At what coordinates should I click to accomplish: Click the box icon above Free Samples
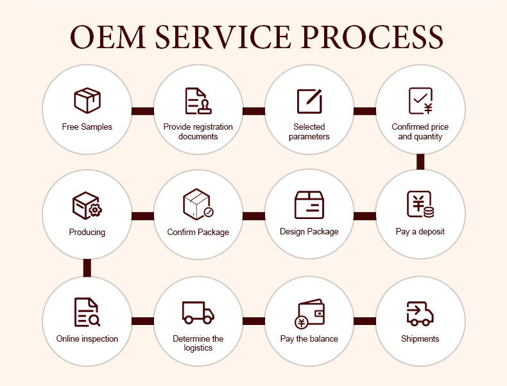click(x=87, y=101)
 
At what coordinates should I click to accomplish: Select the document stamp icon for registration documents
click(x=198, y=101)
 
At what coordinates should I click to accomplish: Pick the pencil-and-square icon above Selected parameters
click(x=309, y=101)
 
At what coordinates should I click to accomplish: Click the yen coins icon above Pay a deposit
click(x=420, y=205)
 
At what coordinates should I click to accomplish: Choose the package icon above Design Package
click(x=309, y=205)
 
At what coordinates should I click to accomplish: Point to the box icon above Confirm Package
click(x=198, y=205)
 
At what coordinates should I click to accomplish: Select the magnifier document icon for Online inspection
click(x=87, y=312)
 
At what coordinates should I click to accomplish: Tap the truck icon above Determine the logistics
click(x=198, y=312)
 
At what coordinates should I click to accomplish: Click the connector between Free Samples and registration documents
click(x=142, y=111)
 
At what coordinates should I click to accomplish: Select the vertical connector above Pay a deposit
click(x=420, y=162)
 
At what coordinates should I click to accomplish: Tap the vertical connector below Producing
click(x=87, y=268)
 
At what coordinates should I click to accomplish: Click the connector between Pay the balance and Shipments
click(x=365, y=321)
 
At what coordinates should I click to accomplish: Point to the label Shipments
click(x=420, y=338)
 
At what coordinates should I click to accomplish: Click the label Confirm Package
click(x=198, y=232)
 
